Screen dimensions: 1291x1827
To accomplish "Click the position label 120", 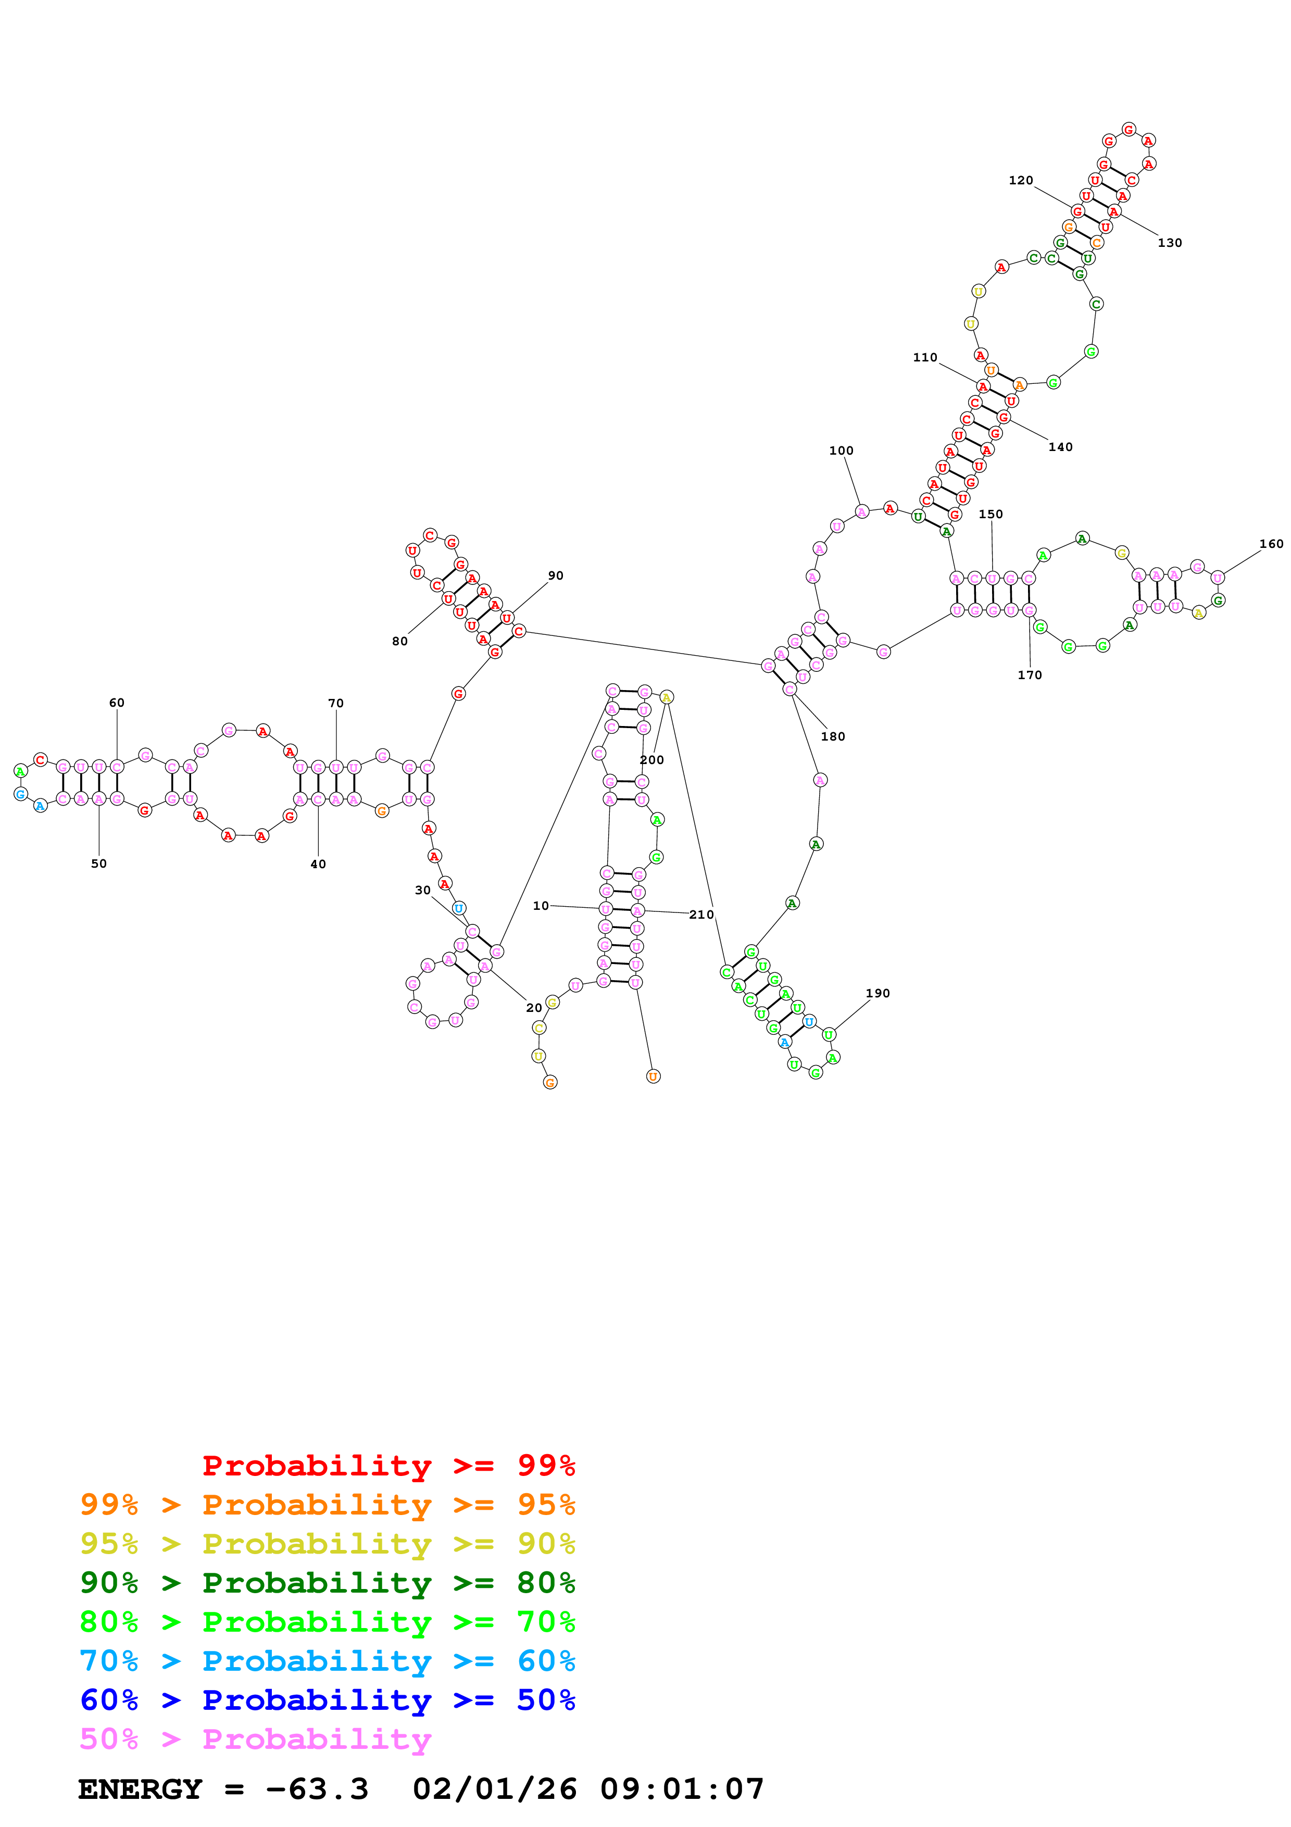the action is point(1021,181).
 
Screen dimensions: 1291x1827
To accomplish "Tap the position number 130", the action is point(1169,243).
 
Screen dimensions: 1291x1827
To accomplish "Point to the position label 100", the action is point(841,451).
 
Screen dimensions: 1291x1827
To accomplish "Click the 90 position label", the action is point(555,575).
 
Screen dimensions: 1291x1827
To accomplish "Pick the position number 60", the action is point(117,703).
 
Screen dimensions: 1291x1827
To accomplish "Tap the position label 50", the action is point(98,864).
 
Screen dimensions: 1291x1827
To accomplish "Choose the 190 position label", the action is point(878,993).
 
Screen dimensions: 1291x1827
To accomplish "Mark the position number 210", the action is point(701,915).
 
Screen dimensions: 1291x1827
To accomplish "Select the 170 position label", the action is point(1029,675).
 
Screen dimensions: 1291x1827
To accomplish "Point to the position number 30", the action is point(422,891).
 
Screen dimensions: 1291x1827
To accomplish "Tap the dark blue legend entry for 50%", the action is point(327,1700).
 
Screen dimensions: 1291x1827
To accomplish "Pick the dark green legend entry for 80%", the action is point(327,1583).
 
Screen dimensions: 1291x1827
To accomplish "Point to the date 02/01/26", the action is point(495,1790).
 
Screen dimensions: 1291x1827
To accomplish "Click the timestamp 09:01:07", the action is point(682,1790).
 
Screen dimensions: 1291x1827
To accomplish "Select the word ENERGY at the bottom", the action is point(140,1790).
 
